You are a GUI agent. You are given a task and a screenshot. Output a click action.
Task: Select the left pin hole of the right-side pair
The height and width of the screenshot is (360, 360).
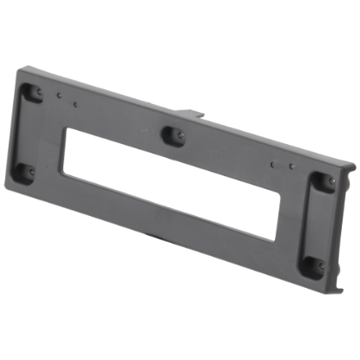point(272,164)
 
